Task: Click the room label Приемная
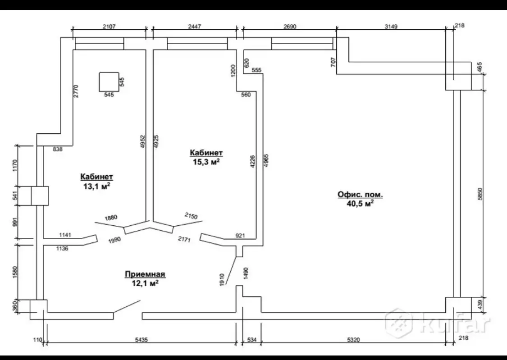click(x=145, y=274)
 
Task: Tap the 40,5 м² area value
click(x=360, y=203)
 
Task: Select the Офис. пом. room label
click(x=360, y=195)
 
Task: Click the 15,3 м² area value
click(x=206, y=162)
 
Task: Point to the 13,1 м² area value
click(x=97, y=186)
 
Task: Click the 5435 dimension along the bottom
click(x=142, y=340)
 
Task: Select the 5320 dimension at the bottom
click(x=353, y=340)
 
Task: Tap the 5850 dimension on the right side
click(x=480, y=194)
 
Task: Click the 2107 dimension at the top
click(x=109, y=27)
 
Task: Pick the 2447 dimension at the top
click(x=194, y=27)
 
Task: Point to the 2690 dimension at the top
click(x=290, y=27)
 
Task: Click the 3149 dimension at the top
click(x=391, y=27)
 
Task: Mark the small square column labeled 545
click(x=109, y=82)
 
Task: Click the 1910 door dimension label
click(x=222, y=279)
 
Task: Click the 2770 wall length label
click(x=76, y=91)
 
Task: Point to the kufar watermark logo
click(x=437, y=322)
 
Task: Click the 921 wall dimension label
click(x=240, y=236)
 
